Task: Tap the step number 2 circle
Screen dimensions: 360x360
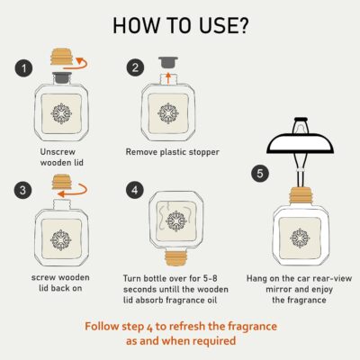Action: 134,67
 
